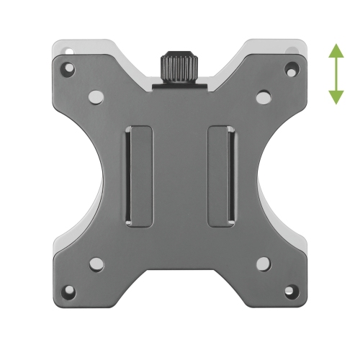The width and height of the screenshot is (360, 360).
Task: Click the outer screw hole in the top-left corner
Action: tap(68, 70)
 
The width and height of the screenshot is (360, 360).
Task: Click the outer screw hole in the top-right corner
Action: tap(291, 70)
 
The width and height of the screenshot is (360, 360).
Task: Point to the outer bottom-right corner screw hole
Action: tap(291, 292)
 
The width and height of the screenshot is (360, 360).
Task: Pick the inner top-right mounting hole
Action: tap(263, 95)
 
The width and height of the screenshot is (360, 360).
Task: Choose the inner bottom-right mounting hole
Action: tap(263, 264)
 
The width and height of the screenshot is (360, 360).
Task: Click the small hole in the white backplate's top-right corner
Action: tap(293, 50)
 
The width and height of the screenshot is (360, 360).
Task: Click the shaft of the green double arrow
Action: tap(336, 74)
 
